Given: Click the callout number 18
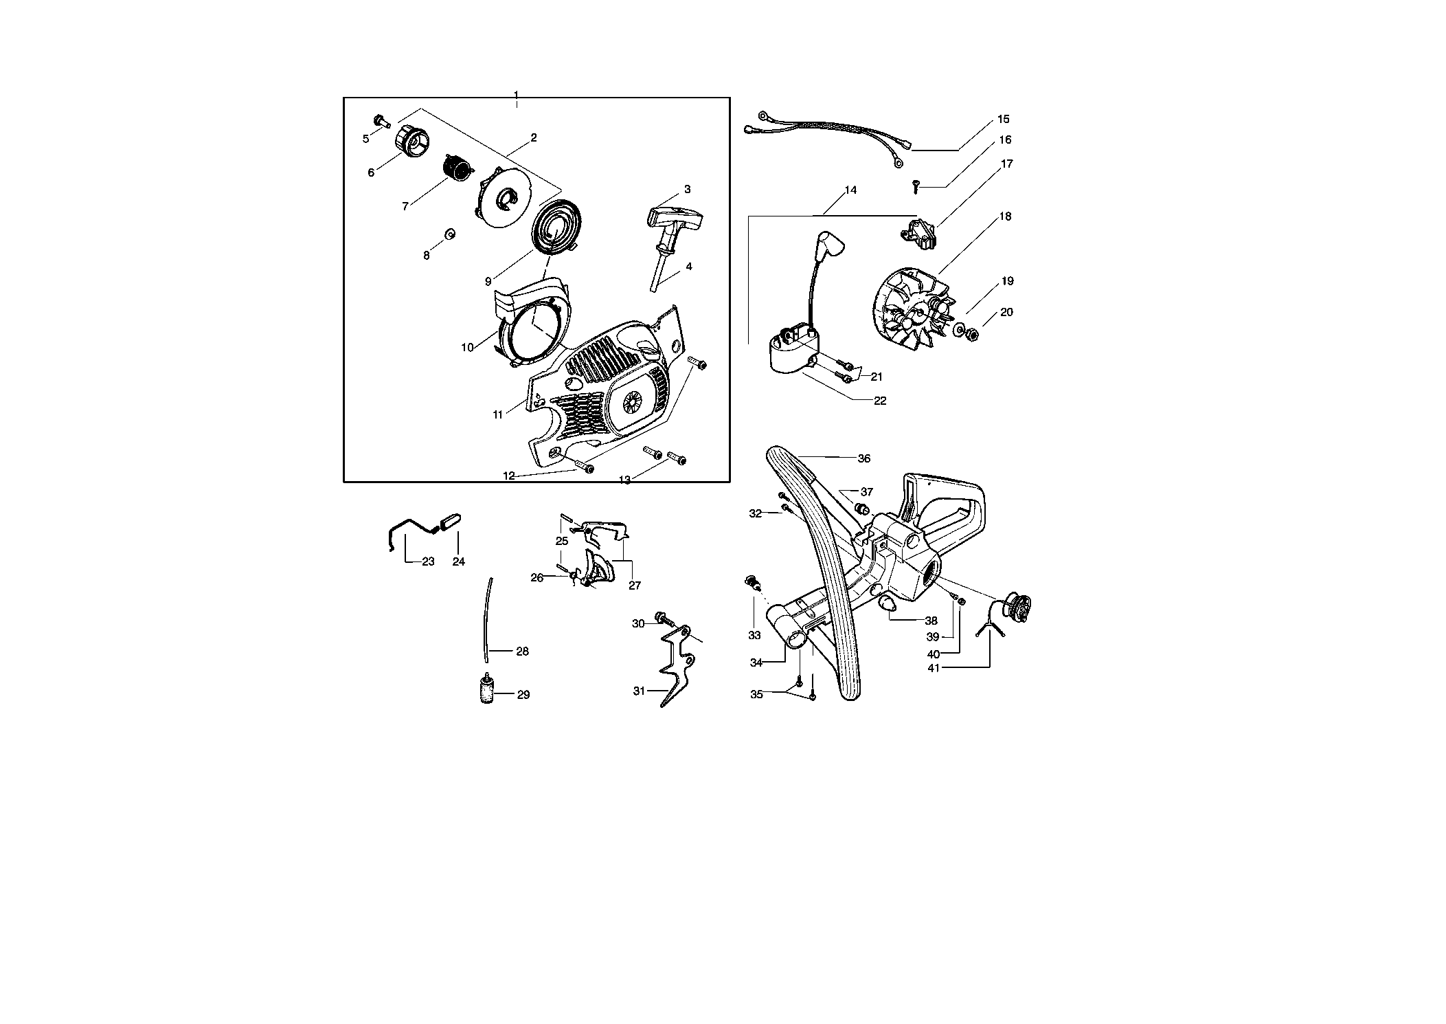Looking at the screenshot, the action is (1005, 216).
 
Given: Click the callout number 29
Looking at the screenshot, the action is (523, 695).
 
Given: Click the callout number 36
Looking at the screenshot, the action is (864, 458).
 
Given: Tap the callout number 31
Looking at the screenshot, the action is (639, 691).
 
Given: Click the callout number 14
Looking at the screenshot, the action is (850, 190).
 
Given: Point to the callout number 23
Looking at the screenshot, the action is (428, 561).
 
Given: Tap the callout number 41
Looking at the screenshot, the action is (933, 667).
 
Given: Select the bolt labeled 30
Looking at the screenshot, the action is (664, 618).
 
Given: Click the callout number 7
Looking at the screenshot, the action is (405, 206).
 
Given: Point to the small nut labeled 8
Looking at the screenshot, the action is (450, 234).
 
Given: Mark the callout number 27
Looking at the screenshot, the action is (635, 586).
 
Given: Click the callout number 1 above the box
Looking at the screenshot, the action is (516, 93).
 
